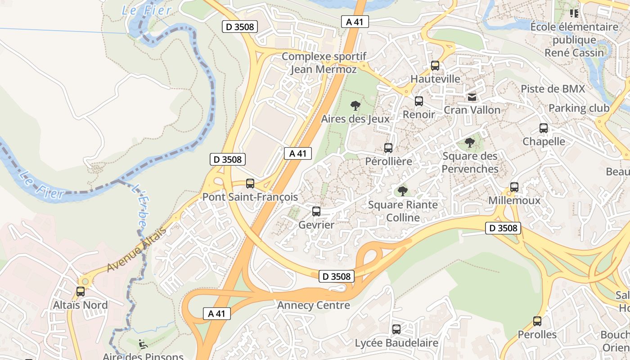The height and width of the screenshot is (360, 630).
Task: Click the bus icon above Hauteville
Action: (435, 66)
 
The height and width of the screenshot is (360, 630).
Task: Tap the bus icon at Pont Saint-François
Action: (250, 184)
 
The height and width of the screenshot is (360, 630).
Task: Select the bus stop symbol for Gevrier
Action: (316, 211)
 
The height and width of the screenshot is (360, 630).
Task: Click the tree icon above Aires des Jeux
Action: (355, 106)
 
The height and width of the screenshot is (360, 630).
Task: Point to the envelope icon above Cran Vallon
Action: (472, 97)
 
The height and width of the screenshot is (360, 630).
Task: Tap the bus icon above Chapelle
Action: (544, 128)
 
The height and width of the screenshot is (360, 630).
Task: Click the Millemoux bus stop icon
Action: (514, 187)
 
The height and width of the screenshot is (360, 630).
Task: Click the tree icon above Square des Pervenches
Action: (470, 143)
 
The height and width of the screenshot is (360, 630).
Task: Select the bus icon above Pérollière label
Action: (388, 148)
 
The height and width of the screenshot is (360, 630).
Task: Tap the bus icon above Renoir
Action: (419, 101)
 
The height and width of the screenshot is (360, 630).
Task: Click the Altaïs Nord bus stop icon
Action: (81, 292)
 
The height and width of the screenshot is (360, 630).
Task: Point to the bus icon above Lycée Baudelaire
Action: (396, 329)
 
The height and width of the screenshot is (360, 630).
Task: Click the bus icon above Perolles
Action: (537, 321)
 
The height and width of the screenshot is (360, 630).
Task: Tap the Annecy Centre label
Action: (314, 306)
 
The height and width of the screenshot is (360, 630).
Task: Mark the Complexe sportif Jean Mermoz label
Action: (324, 63)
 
